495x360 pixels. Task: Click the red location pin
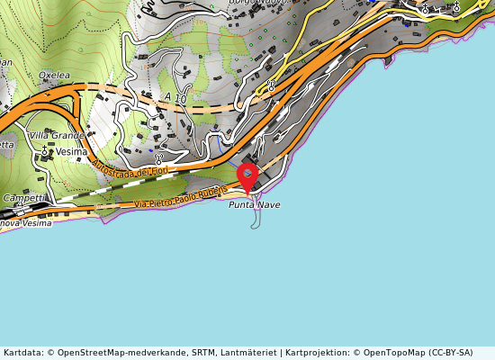[x=247, y=175]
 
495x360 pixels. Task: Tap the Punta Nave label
[x=254, y=205]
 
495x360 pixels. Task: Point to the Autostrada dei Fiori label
[x=130, y=165]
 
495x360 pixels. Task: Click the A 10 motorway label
[x=175, y=97]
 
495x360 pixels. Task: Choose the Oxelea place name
[x=54, y=76]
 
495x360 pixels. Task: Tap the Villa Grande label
[x=56, y=136]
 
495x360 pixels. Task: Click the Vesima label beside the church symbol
[x=72, y=152]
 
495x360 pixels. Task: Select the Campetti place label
[x=22, y=197]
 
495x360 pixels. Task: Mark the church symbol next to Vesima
[x=45, y=152]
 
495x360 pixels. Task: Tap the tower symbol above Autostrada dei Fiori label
[x=158, y=157]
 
